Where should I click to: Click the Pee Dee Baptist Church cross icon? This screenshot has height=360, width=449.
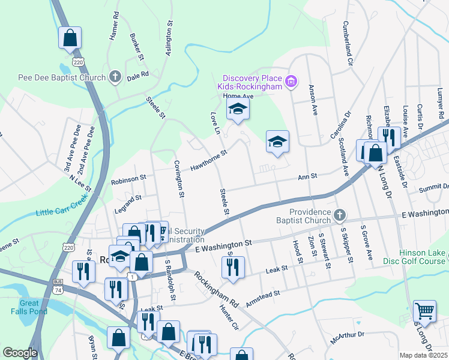115,77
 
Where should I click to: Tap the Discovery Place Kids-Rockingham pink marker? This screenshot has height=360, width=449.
291,81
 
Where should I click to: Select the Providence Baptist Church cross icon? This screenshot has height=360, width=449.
340,215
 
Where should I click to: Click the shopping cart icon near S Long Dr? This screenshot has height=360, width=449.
425,311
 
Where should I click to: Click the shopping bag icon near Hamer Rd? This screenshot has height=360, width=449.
70,38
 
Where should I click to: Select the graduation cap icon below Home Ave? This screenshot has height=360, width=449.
238,109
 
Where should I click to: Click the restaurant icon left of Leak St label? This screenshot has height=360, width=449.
234,268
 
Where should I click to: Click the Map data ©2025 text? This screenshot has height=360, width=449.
423,355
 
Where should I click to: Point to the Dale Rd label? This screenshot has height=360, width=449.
137,76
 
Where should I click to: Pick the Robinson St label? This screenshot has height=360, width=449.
128,178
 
